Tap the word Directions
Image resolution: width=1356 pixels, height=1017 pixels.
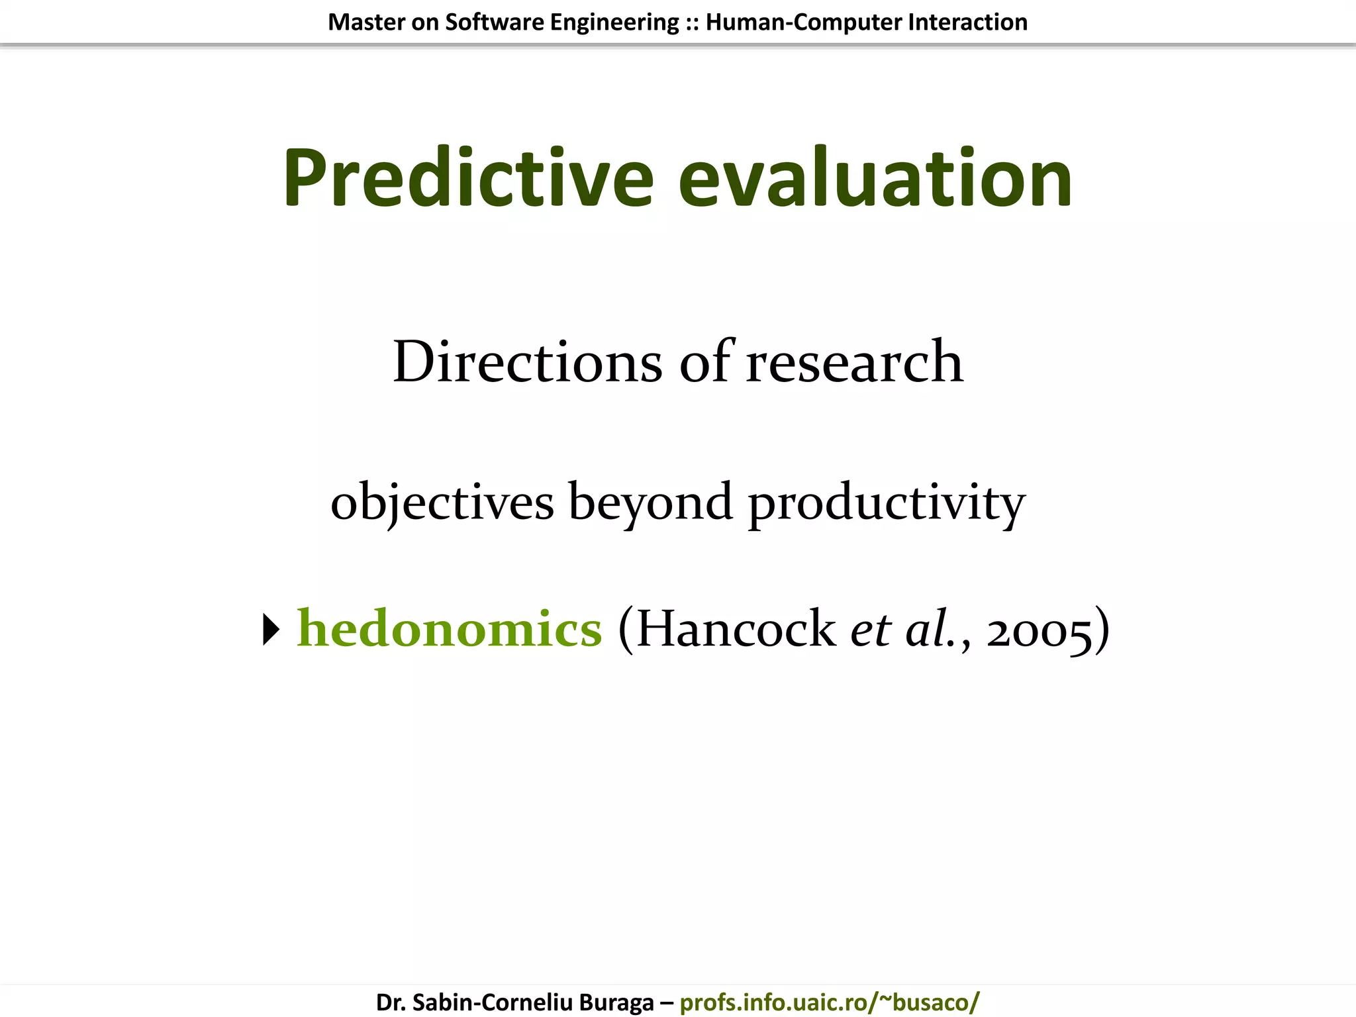pyautogui.click(x=527, y=362)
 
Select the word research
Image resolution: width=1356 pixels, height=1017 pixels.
pyautogui.click(x=854, y=363)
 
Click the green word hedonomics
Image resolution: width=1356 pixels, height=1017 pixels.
pyautogui.click(x=450, y=628)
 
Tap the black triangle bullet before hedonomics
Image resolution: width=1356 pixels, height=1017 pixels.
pyautogui.click(x=271, y=629)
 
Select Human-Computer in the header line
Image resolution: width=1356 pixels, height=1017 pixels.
pyautogui.click(x=803, y=23)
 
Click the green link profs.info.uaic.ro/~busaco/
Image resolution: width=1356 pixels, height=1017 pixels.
pyautogui.click(x=829, y=1002)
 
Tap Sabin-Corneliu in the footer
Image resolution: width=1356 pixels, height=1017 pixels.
pyautogui.click(x=489, y=1002)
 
